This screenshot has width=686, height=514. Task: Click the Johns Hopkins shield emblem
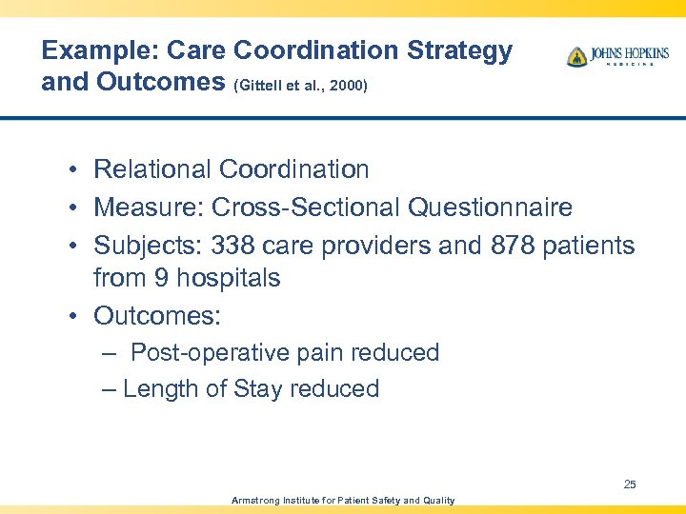pos(576,56)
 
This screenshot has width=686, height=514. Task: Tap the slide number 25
pos(630,484)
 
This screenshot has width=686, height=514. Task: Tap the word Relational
pos(151,169)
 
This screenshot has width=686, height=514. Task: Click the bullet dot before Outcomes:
pos(72,316)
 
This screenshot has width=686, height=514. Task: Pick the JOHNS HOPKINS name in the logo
pos(630,53)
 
